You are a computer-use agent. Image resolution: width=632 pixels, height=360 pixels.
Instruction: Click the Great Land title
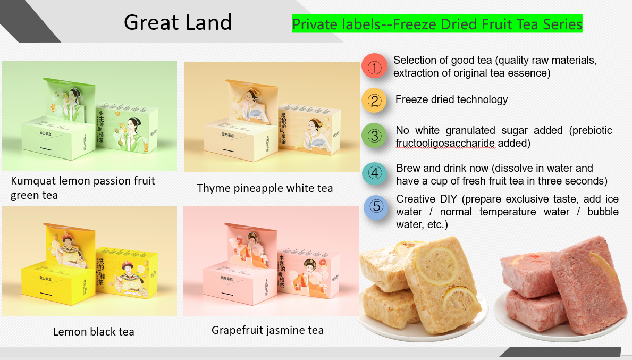178,22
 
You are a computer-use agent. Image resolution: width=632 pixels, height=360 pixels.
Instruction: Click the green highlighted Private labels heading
437,24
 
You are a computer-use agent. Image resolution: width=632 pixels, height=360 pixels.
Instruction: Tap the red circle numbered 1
375,68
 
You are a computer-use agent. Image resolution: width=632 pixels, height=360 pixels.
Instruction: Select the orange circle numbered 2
375,101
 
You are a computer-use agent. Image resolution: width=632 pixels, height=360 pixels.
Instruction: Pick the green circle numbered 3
375,136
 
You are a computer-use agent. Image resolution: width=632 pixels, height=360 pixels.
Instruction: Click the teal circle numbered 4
376,173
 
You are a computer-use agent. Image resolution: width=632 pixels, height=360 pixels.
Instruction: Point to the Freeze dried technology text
451,99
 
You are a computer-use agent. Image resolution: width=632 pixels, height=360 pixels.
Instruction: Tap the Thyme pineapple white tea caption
265,188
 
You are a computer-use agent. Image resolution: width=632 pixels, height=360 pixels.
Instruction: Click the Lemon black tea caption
94,332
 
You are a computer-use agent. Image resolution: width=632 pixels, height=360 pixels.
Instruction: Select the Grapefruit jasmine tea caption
267,330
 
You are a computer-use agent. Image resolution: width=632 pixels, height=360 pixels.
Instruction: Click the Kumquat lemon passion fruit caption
83,181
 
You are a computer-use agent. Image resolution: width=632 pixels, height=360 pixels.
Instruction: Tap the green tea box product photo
89,115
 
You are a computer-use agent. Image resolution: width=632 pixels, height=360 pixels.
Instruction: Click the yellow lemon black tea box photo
89,261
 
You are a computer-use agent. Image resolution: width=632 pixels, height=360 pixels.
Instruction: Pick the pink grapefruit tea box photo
271,261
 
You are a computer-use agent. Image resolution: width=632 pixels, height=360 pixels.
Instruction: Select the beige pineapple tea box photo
271,117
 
